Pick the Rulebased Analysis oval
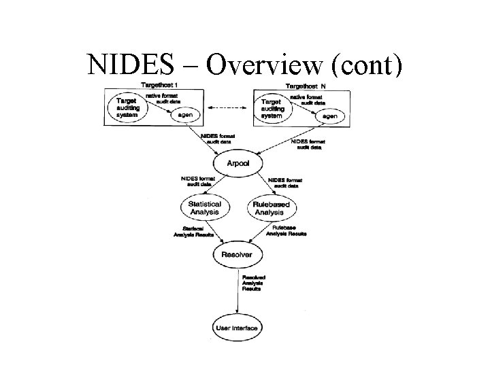tap(270, 208)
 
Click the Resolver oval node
tap(236, 255)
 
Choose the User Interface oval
tap(236, 328)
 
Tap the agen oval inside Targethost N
tap(330, 116)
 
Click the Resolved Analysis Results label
tap(253, 283)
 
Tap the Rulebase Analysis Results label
tap(286, 230)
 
